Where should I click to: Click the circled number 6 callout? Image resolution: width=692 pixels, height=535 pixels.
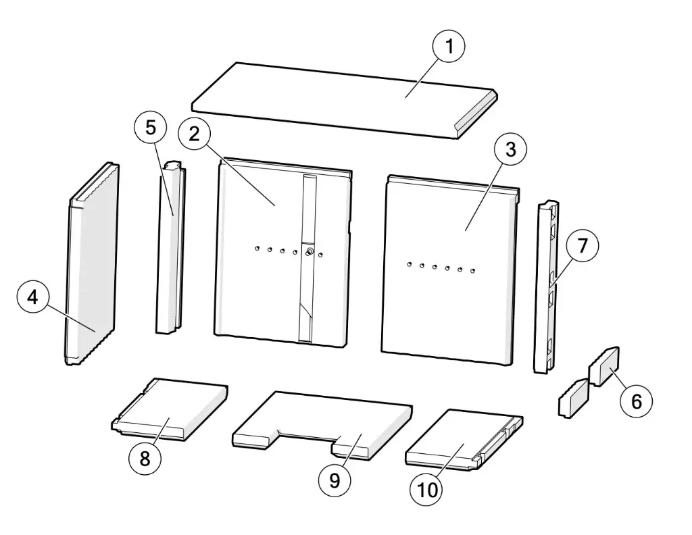635,401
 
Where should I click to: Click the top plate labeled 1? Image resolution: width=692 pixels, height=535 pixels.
338,98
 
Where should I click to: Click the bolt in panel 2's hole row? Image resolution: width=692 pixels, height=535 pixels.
308,253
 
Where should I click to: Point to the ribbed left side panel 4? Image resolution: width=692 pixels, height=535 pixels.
91,270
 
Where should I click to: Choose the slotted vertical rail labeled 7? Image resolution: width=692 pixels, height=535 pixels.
548,290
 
